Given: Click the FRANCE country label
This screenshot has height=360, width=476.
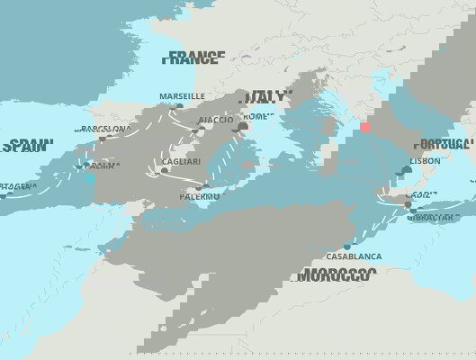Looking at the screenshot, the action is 193,59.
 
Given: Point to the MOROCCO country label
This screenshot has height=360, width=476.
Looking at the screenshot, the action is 338,274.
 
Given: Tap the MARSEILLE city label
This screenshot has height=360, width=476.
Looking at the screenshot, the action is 182,96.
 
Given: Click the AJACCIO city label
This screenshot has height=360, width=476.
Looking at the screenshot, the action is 216,120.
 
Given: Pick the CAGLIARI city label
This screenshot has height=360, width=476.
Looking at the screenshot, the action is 181,161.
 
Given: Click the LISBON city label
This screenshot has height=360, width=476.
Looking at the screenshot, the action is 426,161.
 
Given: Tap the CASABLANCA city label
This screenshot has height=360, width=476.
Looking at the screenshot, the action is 354,256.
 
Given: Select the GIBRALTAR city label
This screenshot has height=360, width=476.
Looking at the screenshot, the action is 433,218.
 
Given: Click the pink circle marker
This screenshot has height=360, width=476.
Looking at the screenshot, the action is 365,127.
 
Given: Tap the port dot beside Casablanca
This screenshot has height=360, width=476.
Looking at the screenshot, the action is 346,245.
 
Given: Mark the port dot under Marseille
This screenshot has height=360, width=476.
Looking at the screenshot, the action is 179,106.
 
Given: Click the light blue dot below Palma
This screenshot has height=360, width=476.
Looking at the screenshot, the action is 90,179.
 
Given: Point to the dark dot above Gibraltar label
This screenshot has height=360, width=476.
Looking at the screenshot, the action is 408,204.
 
